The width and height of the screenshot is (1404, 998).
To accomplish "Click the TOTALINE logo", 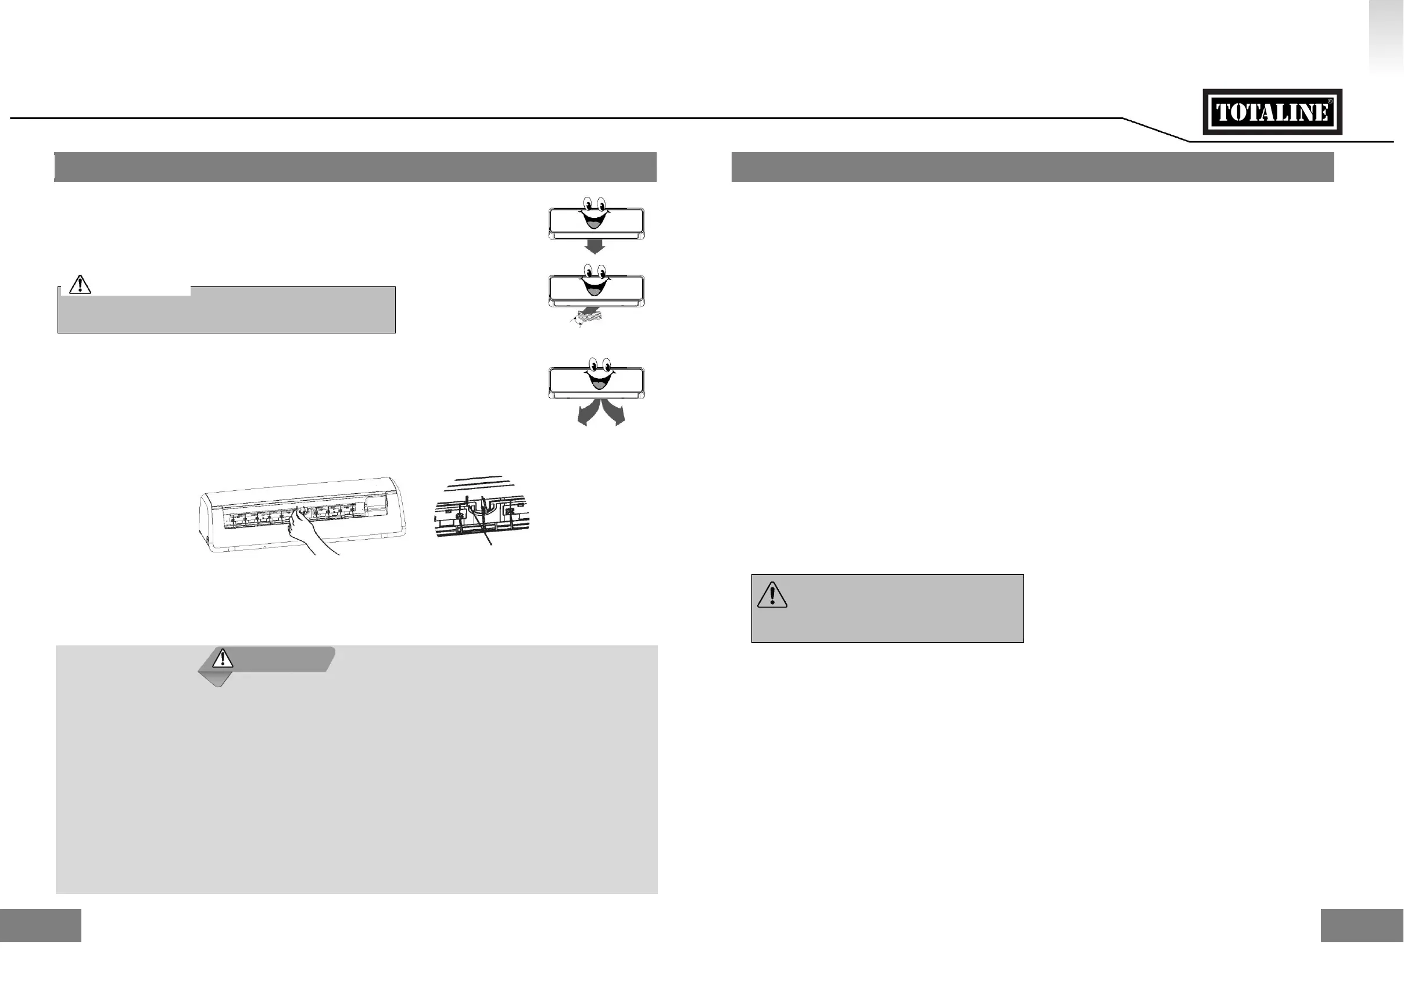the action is (x=1273, y=112).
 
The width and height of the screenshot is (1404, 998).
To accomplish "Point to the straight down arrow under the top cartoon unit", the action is (x=594, y=246).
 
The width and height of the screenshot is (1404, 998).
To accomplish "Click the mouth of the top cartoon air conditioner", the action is (x=594, y=219).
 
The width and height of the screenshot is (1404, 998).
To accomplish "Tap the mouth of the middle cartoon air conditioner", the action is (x=594, y=286).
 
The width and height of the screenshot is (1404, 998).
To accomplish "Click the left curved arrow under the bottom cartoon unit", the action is (x=585, y=414).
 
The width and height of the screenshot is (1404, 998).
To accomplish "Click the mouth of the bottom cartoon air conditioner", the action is (x=598, y=379).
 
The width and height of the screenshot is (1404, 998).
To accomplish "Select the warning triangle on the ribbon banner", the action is (x=223, y=658).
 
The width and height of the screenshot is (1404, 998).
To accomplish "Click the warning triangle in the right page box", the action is (x=772, y=595).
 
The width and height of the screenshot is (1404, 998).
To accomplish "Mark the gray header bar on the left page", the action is (x=355, y=167).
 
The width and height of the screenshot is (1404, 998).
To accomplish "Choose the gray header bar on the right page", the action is (x=1033, y=167).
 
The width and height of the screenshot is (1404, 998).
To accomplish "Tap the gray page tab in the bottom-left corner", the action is (x=41, y=925).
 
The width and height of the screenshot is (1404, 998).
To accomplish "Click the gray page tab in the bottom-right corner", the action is (x=1362, y=925).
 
